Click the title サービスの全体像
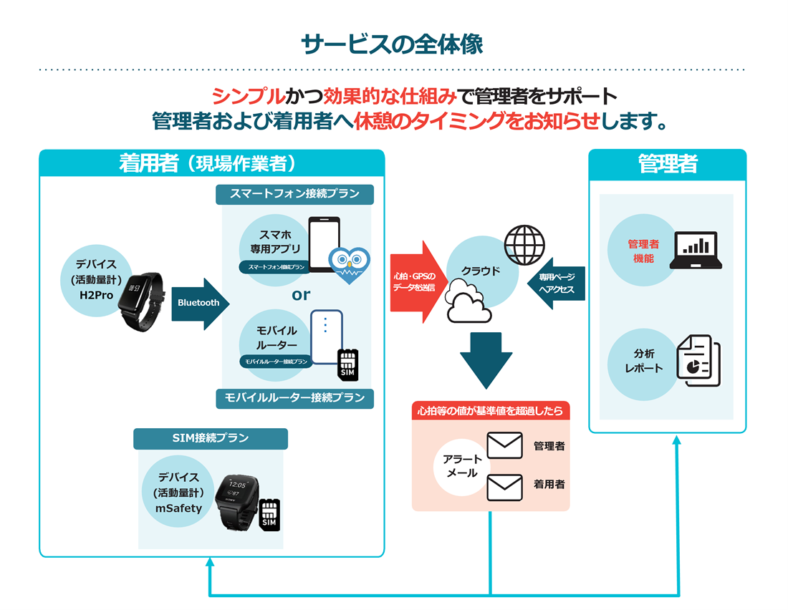393,44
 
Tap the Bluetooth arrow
200,303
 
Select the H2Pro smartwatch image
140,302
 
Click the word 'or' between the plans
301,294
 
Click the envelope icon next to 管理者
504,445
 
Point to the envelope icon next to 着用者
504,487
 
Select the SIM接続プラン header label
210,438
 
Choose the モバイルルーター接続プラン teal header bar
294,398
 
